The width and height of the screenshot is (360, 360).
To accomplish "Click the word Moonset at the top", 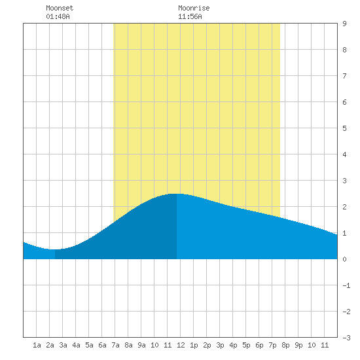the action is [x=60, y=8].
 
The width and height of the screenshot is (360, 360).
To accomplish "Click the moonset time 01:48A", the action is [x=58, y=16].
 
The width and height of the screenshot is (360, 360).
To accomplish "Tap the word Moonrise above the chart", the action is [x=194, y=8].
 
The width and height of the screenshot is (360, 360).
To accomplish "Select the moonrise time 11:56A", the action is [x=190, y=16].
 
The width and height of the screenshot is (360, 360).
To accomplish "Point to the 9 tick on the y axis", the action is [x=344, y=24].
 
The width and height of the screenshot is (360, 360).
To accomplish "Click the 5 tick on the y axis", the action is [x=344, y=128].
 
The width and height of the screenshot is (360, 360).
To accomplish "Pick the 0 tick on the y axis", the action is [x=344, y=259].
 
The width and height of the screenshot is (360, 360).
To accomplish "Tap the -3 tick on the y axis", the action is [x=347, y=338].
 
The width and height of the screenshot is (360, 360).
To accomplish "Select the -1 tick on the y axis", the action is [x=347, y=285].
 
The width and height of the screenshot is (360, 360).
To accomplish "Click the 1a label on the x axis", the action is [x=37, y=345].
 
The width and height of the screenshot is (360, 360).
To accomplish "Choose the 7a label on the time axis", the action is [x=115, y=345].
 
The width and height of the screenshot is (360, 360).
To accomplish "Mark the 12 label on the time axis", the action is [x=181, y=345].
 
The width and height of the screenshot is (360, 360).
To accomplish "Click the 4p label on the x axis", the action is [x=233, y=345].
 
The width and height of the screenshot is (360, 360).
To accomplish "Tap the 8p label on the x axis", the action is [x=285, y=345].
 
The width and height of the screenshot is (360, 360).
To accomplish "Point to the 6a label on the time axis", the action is [x=102, y=345].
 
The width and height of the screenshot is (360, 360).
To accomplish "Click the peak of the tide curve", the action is [x=176, y=194].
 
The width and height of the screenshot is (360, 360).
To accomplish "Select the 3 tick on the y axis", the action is [x=344, y=181].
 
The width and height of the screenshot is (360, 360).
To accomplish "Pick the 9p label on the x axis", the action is [x=298, y=345].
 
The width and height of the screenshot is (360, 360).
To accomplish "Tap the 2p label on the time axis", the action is [x=207, y=345].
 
